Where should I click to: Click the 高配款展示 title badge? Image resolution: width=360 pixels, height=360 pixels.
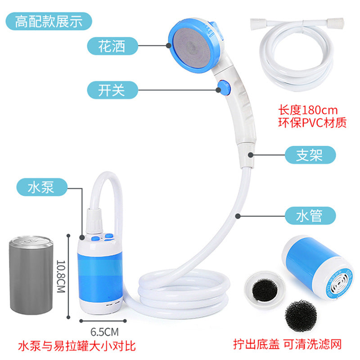(x=49, y=21)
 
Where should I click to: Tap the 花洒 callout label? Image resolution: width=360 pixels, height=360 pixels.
(x=112, y=46)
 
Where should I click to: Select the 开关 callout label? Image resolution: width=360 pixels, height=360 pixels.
(x=112, y=90)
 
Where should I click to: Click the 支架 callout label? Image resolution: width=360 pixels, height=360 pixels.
(x=310, y=155)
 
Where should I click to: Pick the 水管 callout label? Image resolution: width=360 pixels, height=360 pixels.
(x=310, y=216)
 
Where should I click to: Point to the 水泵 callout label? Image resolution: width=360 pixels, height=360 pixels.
(x=42, y=187)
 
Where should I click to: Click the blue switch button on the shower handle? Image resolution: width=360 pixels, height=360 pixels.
(x=224, y=87)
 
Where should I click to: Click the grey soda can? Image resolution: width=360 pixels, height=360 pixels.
(x=31, y=275)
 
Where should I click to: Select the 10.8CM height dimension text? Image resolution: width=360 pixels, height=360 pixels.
(x=61, y=276)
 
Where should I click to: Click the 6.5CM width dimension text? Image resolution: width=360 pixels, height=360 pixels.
(x=105, y=332)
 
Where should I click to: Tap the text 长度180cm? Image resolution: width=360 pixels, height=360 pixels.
(x=308, y=110)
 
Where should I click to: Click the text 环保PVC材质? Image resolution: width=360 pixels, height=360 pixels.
(x=312, y=122)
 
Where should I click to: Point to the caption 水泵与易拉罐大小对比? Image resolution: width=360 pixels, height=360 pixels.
(x=77, y=346)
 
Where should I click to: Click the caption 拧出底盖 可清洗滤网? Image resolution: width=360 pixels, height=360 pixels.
(x=288, y=344)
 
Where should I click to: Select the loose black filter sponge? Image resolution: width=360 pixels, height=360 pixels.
(x=301, y=316)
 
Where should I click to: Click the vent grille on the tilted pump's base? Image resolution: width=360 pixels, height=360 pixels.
(x=339, y=282)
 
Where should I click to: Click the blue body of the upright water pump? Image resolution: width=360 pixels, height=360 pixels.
(x=100, y=275)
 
